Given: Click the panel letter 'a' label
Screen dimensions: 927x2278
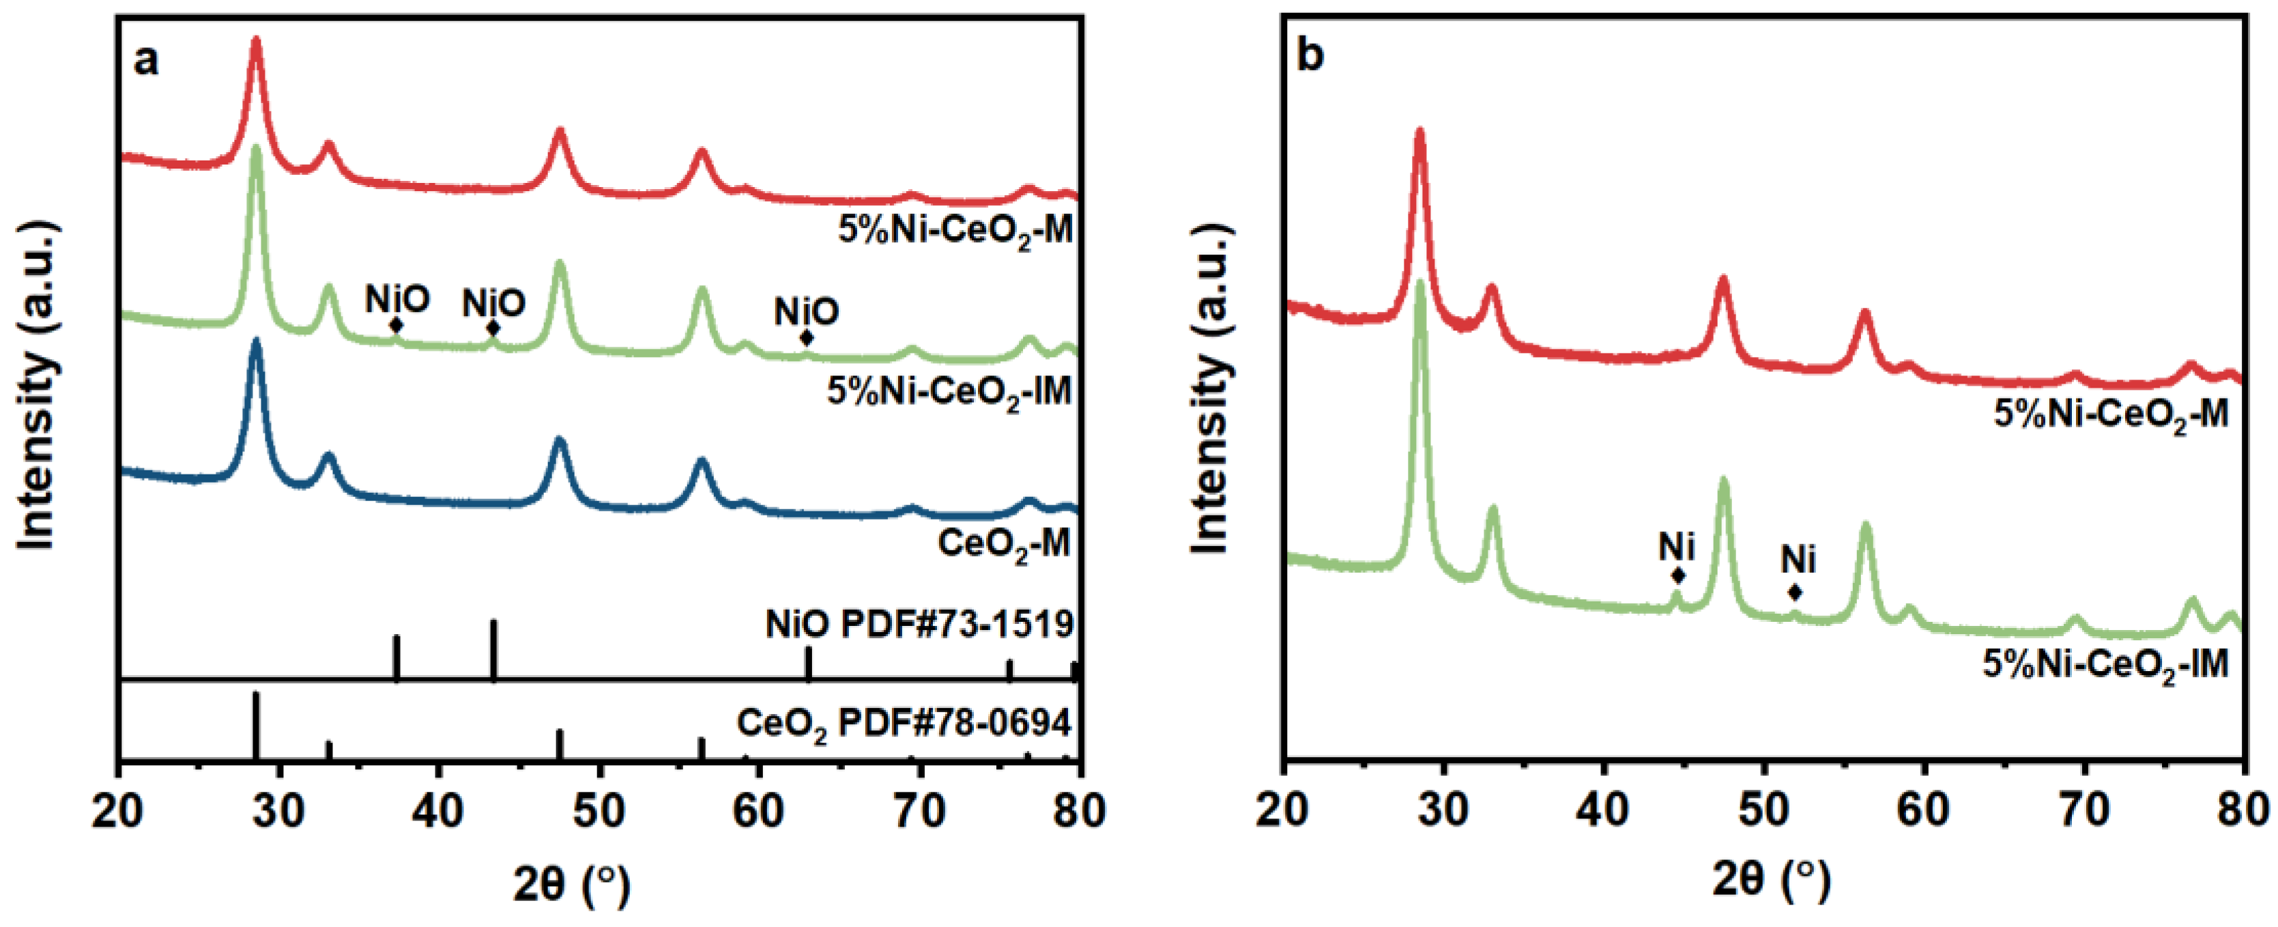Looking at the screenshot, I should click(x=146, y=61).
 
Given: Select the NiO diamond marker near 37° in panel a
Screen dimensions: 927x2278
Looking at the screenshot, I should click(x=397, y=326).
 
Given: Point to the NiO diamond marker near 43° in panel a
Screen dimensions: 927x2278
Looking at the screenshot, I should click(x=493, y=328).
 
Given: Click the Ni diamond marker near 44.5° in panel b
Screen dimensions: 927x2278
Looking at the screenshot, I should click(x=1677, y=576).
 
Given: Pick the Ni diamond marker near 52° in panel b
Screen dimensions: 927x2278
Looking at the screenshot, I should click(x=1794, y=592).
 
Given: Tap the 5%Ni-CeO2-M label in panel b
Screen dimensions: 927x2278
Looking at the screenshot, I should click(x=2111, y=414).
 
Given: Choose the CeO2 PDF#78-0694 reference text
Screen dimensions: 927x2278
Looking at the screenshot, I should click(x=903, y=724).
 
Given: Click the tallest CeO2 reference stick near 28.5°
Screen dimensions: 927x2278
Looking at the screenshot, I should click(x=257, y=726).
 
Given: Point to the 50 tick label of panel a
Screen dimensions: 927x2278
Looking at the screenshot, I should click(x=600, y=810).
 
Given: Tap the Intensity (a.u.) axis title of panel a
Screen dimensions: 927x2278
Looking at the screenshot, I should click(x=37, y=386).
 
